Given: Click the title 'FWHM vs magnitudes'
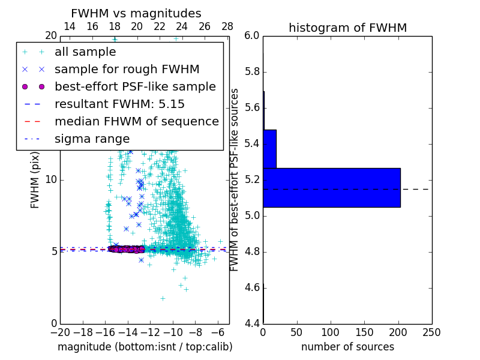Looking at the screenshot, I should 136,13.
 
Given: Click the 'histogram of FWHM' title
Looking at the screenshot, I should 347,28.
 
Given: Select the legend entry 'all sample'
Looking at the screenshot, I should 85,52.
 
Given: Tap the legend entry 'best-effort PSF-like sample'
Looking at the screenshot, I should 135,86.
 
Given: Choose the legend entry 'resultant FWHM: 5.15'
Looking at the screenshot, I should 119,104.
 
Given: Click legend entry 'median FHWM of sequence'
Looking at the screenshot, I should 137,121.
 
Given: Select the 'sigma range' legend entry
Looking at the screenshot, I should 92,139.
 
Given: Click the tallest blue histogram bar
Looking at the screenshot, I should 331,188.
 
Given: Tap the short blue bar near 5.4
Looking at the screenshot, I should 269,149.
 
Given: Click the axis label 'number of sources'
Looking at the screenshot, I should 347,347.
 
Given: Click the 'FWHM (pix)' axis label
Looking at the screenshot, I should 35,179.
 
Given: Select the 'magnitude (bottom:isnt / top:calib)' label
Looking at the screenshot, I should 145,347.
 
